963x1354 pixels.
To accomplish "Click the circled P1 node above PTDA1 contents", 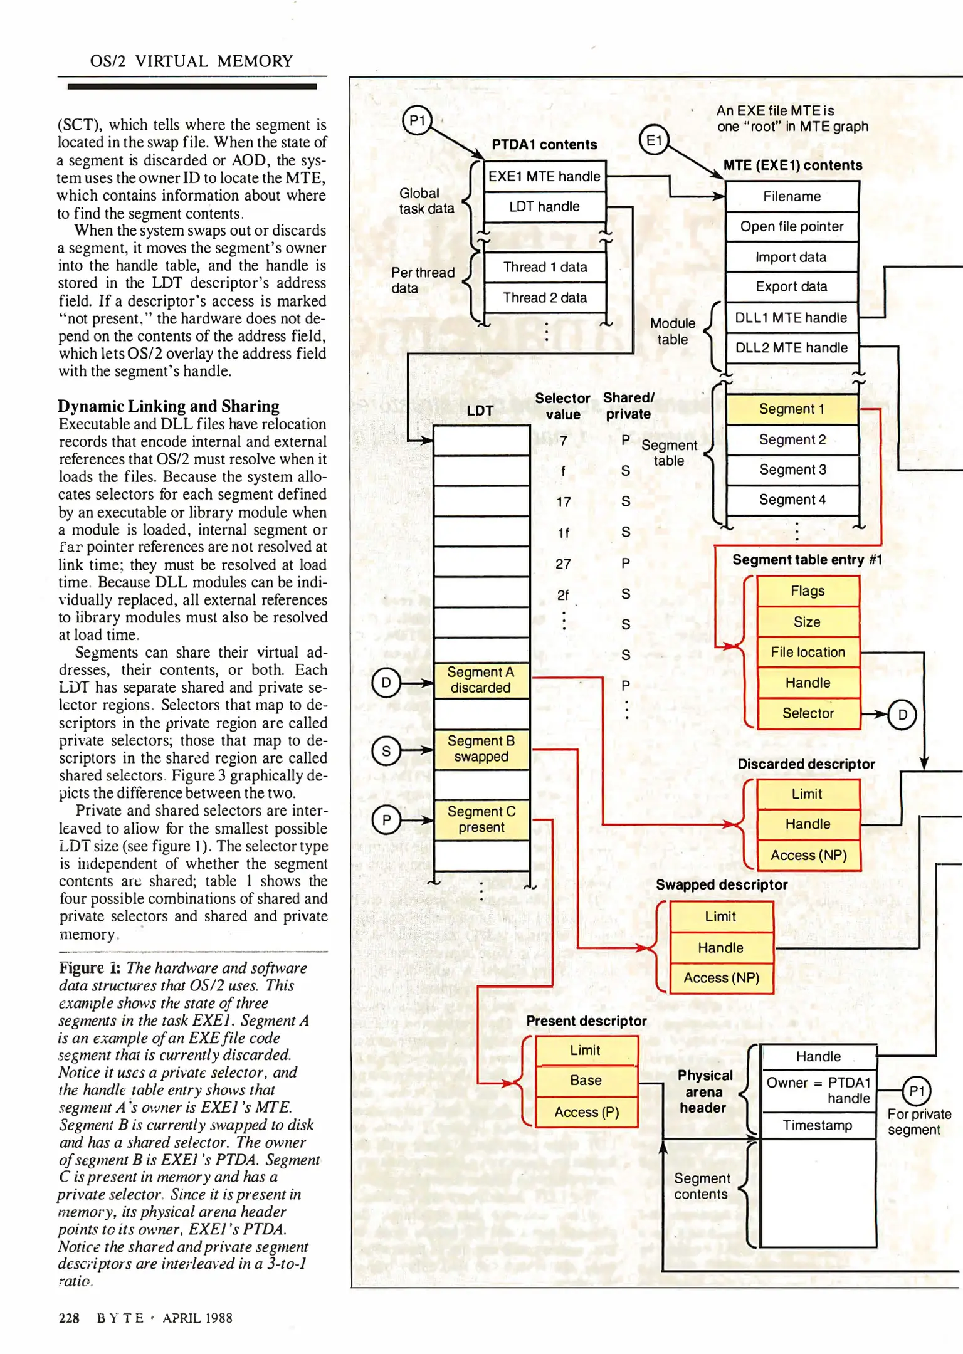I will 417,120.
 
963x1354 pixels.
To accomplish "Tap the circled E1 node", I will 653,140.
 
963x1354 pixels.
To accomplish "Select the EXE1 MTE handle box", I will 544,176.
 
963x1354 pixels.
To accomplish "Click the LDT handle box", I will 544,207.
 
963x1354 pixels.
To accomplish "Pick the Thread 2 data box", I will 544,298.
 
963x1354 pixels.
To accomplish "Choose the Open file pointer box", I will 792,226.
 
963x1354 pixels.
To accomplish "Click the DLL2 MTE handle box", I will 792,348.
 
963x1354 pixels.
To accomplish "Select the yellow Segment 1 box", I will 792,409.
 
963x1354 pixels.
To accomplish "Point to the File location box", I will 808,653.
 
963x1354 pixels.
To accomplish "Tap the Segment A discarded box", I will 481,680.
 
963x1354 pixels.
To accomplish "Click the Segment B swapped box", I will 481,749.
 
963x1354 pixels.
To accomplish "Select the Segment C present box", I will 481,819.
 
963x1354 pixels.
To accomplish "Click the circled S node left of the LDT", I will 386,751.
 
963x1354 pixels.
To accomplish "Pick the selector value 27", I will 563,564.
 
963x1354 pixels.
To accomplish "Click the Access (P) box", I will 586,1112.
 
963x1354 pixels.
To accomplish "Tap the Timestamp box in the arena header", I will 818,1125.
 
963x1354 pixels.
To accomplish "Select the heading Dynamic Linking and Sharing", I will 169,406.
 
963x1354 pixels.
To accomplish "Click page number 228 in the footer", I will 69,1318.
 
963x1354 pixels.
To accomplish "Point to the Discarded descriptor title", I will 806,764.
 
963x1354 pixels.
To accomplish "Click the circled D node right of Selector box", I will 902,715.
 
